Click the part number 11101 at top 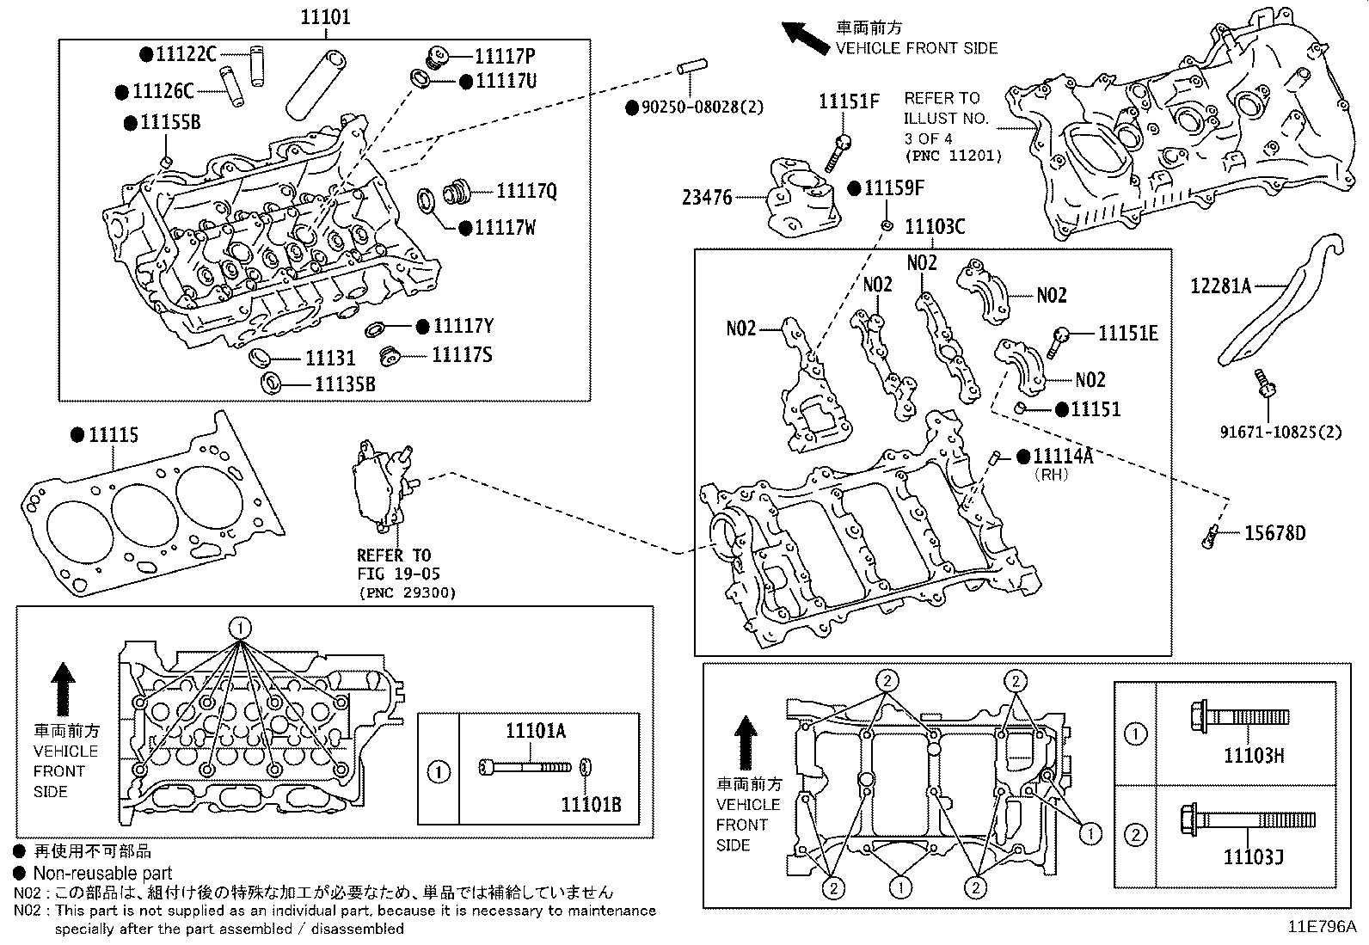click(325, 16)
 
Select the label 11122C click(187, 53)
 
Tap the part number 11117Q click(526, 191)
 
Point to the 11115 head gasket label click(114, 436)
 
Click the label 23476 click(707, 198)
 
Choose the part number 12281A click(1220, 285)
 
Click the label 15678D click(1274, 534)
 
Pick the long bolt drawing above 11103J click(1248, 818)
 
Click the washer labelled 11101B click(586, 766)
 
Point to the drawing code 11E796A click(1321, 927)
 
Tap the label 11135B click(344, 384)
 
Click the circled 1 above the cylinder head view click(241, 628)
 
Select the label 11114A click(1063, 457)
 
